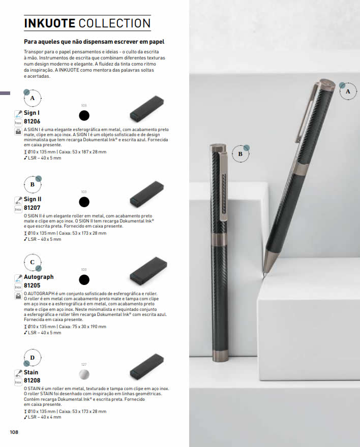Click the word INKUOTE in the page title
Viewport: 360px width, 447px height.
[x=50, y=23]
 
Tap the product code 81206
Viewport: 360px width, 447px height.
[x=32, y=121]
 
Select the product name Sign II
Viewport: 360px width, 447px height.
[x=33, y=199]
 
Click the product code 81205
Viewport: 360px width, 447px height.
[x=32, y=285]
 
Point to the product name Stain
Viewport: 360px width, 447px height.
[x=31, y=372]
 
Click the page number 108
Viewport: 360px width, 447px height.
[x=14, y=432]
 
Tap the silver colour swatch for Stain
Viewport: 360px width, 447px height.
[x=84, y=374]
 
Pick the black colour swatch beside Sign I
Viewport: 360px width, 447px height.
[x=84, y=115]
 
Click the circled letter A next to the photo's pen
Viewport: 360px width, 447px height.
[x=348, y=91]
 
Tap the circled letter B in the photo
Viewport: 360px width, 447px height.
[x=241, y=153]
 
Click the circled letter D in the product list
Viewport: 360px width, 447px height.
[x=32, y=358]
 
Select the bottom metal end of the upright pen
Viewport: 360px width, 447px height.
[x=221, y=356]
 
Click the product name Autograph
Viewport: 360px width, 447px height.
[x=39, y=277]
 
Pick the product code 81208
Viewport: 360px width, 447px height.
[x=32, y=380]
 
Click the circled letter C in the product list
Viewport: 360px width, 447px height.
[x=32, y=262]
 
